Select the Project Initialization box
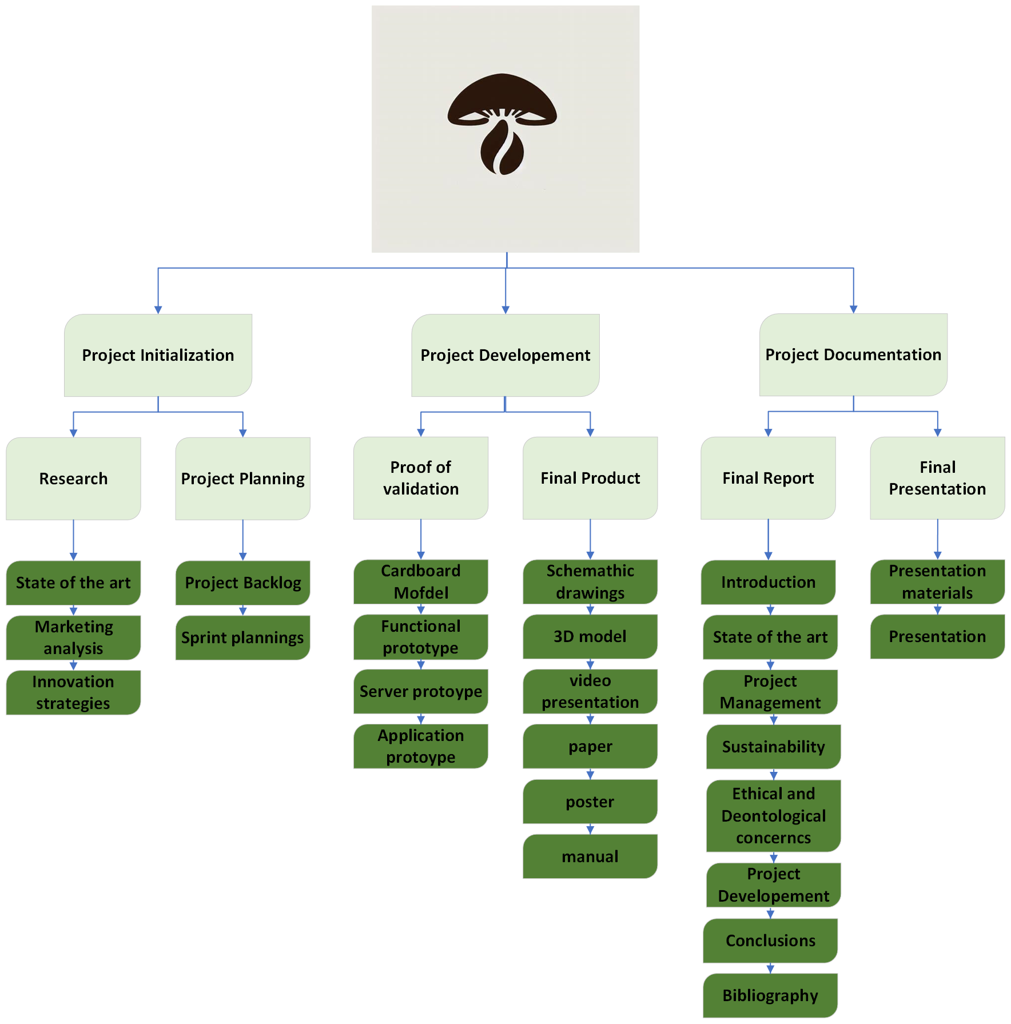158,355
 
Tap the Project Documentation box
853,354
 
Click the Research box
73,479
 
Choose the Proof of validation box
421,478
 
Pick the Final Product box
590,478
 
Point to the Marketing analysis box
73,637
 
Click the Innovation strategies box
73,692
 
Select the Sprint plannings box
242,637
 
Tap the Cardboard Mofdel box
421,581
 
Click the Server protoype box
421,691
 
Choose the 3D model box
590,636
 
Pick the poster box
590,802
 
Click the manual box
590,856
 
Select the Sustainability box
773,747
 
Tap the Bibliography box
770,995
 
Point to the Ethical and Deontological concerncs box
773,816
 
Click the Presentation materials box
937,581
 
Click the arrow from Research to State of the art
73,540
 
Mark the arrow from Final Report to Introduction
768,539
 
